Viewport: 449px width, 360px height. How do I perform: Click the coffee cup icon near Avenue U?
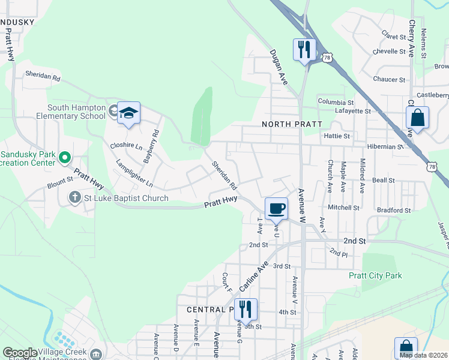click(x=276, y=208)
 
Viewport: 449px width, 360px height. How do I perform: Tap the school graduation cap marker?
click(x=128, y=113)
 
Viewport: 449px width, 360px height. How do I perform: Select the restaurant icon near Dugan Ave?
click(x=304, y=47)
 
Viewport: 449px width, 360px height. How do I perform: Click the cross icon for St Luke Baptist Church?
click(x=75, y=197)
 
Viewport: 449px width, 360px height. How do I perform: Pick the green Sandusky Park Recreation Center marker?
click(x=66, y=158)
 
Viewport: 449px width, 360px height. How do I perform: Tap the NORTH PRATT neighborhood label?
click(x=292, y=124)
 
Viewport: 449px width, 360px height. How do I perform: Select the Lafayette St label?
click(x=352, y=111)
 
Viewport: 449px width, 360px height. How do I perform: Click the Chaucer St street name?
click(x=389, y=79)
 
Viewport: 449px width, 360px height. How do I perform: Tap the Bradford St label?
click(x=394, y=211)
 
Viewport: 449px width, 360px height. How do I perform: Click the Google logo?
click(x=20, y=353)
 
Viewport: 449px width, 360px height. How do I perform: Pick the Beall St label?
click(x=383, y=180)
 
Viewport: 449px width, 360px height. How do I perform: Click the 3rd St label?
click(x=282, y=266)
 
